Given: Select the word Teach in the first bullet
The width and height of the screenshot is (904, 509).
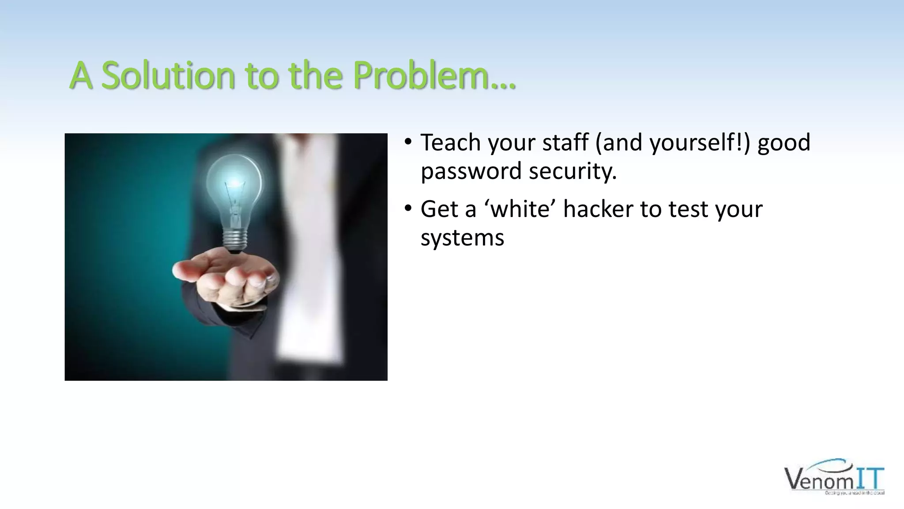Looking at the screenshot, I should (x=451, y=143).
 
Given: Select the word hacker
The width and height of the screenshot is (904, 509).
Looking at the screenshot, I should (x=598, y=209).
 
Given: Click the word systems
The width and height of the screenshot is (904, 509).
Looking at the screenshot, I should (x=462, y=238).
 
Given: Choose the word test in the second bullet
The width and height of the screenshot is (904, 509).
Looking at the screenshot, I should (x=688, y=209).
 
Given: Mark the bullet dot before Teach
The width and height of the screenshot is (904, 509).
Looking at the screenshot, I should (x=408, y=142).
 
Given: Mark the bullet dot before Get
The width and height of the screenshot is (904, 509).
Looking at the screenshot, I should (x=408, y=209).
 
